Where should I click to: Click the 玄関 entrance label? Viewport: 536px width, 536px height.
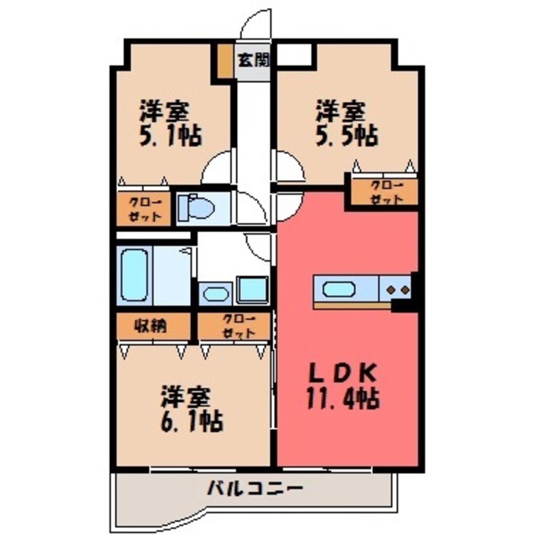[254, 60]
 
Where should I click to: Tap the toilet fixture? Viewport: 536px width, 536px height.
[196, 208]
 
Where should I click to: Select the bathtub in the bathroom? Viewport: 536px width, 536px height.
[134, 275]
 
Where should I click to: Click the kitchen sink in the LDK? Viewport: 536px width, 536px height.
[338, 289]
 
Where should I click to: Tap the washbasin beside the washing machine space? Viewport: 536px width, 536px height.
[215, 294]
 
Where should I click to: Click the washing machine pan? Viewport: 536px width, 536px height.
[252, 290]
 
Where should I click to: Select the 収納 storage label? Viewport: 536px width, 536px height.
[150, 326]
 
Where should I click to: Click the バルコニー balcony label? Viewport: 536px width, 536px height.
[255, 488]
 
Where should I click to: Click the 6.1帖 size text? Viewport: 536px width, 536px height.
[192, 420]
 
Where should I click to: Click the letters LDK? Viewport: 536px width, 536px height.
[343, 374]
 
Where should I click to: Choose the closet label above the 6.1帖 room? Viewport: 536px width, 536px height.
[239, 326]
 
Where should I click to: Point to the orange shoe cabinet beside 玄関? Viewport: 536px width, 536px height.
[225, 60]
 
